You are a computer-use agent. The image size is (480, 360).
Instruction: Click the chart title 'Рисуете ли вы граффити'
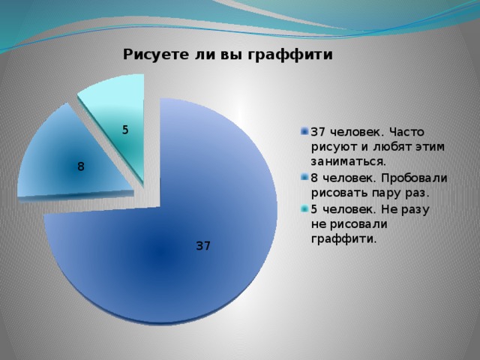(x=228, y=55)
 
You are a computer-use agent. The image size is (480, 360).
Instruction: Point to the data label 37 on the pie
(x=203, y=246)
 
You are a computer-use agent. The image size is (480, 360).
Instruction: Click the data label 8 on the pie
(x=81, y=166)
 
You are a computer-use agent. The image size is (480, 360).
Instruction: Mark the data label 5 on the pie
(x=125, y=130)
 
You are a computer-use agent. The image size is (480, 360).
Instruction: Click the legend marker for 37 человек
(x=304, y=132)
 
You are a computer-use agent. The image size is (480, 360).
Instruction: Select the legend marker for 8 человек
(x=304, y=177)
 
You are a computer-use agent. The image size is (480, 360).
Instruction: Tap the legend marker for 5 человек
(x=304, y=208)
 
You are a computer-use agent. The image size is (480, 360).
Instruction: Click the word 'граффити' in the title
(x=289, y=55)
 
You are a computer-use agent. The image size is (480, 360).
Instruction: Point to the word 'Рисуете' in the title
(x=155, y=55)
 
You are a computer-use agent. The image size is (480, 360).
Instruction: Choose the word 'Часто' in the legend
(x=406, y=132)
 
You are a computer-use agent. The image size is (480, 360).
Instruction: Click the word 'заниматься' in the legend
(x=347, y=161)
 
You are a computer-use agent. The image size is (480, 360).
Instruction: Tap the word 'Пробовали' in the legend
(x=415, y=178)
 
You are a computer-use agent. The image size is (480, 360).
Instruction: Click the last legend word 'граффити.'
(x=343, y=238)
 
